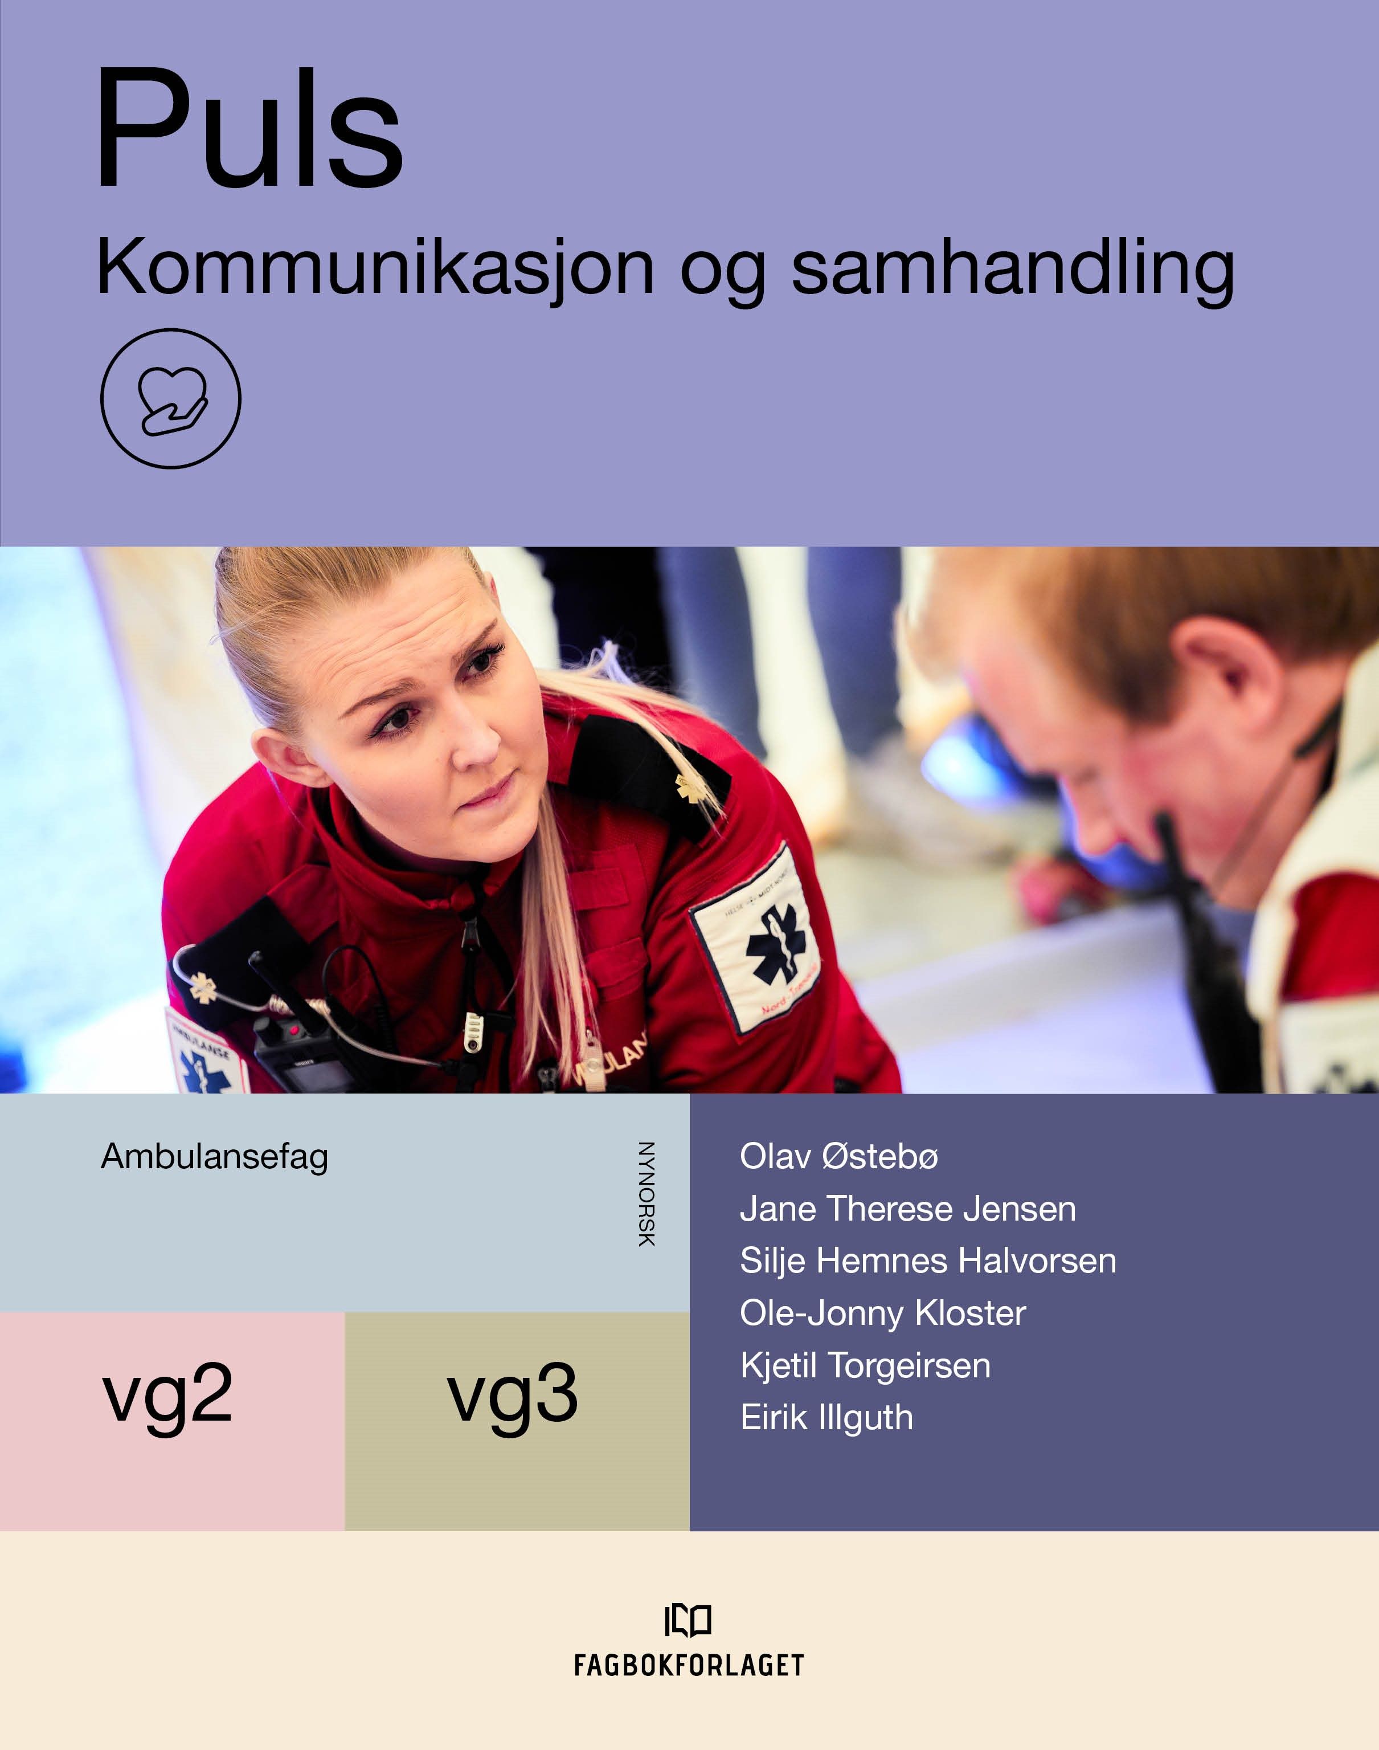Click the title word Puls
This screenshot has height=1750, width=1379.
point(249,129)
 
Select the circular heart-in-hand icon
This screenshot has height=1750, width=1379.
point(170,398)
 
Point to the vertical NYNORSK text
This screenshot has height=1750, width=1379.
point(646,1194)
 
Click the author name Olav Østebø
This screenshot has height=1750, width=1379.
point(839,1156)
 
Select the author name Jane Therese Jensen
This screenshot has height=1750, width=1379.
point(907,1209)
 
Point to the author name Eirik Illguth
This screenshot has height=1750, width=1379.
point(826,1418)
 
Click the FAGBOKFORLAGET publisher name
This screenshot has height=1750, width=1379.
point(689,1665)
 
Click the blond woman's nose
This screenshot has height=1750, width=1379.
point(476,739)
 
